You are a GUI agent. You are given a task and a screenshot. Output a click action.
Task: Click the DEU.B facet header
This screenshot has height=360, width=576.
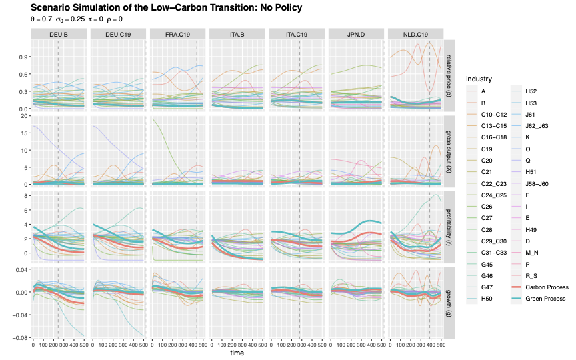pyautogui.click(x=59, y=34)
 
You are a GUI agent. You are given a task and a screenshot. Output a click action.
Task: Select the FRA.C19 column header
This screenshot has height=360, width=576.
pyautogui.click(x=177, y=34)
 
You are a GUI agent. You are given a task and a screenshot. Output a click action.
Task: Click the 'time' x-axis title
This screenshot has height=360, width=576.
pyautogui.click(x=237, y=353)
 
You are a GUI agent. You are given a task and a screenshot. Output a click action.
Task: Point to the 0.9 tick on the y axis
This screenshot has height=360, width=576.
pyautogui.click(x=23, y=56)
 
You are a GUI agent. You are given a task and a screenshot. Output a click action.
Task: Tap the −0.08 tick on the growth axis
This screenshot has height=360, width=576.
pyautogui.click(x=21, y=338)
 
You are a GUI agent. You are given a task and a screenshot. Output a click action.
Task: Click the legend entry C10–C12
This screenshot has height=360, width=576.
pyautogui.click(x=495, y=115)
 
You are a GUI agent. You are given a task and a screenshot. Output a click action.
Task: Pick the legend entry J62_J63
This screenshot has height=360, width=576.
pyautogui.click(x=538, y=127)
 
